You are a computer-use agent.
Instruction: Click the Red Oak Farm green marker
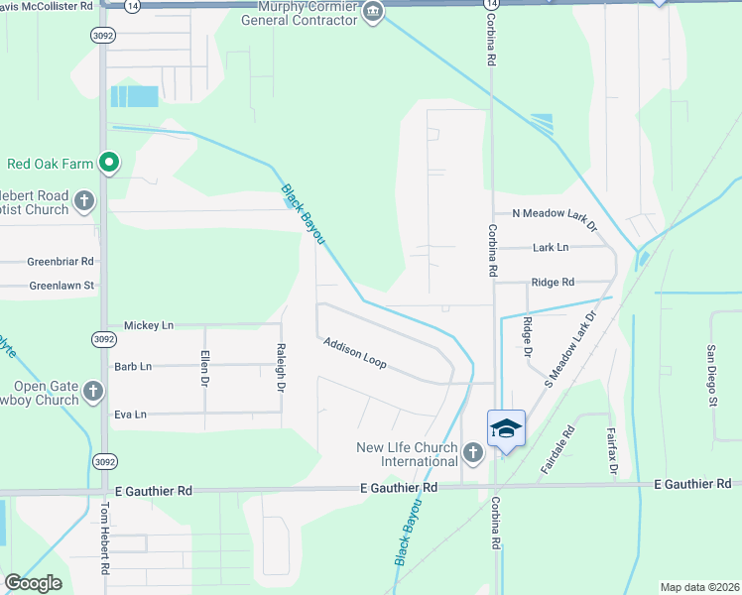coord(109,164)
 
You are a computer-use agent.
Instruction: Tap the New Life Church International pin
coord(472,454)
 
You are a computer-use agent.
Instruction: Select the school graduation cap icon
coord(506,428)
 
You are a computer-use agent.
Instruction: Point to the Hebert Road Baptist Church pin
coord(84,199)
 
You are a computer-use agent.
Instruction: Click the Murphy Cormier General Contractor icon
coord(373,13)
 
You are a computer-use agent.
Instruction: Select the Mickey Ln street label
coord(148,325)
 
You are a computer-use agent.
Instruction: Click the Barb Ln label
coord(133,366)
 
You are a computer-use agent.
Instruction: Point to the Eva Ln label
coord(130,415)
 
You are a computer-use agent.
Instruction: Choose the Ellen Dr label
coord(205,368)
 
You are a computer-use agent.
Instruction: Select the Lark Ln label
coord(551,247)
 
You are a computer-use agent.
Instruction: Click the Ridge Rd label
coord(553,282)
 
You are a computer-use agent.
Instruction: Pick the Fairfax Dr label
coord(613,450)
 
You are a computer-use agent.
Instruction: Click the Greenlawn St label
coord(61,286)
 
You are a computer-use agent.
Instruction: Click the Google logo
coord(33,583)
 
